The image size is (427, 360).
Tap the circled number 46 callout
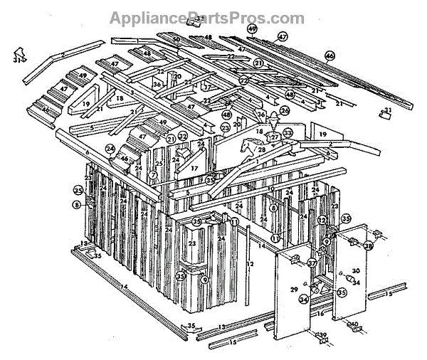(330, 55)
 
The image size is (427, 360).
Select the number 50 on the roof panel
(176, 38)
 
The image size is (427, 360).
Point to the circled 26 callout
(285, 110)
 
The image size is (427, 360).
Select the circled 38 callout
(369, 245)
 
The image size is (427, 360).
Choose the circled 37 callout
(312, 263)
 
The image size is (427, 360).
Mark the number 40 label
(353, 325)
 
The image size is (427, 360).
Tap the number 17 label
(194, 168)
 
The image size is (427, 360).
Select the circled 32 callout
(183, 136)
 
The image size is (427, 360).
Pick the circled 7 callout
(153, 174)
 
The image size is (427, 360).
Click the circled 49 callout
(252, 28)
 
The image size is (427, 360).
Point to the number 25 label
(159, 164)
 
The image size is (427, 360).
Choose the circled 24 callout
(110, 149)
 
